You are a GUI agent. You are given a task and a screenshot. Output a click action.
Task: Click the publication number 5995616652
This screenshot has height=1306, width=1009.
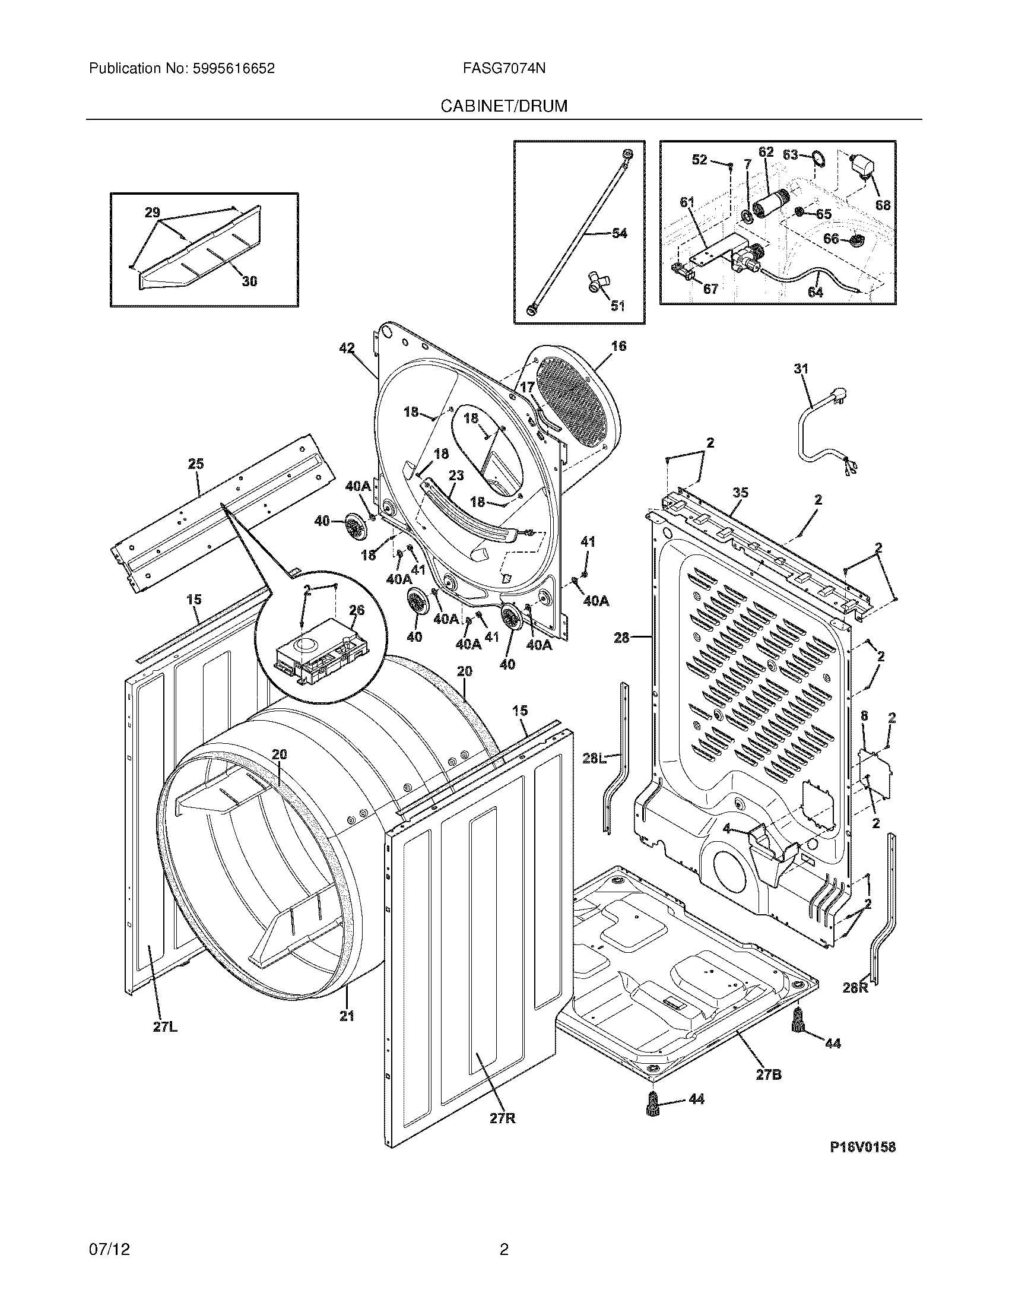point(233,69)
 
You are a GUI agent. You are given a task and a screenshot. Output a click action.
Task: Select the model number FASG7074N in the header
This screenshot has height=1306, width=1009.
point(504,69)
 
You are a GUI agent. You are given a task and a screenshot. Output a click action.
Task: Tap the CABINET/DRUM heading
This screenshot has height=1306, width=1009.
point(504,106)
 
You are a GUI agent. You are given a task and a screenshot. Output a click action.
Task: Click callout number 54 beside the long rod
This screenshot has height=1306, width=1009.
point(619,233)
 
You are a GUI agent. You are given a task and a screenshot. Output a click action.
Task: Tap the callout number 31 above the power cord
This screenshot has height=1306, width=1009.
point(801,370)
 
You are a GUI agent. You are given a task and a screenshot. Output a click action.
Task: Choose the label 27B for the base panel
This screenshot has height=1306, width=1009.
point(769,1074)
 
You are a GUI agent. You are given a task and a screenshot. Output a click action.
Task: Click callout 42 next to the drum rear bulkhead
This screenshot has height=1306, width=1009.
point(347,348)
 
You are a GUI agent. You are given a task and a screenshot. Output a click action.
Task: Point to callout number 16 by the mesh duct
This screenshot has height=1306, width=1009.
point(618,346)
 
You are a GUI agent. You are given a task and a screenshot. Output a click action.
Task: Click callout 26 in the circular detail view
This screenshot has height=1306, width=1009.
point(356,610)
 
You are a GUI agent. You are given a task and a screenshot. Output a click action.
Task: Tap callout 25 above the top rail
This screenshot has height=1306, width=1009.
point(196,464)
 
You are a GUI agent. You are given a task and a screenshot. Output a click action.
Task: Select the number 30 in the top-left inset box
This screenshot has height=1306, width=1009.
point(249,281)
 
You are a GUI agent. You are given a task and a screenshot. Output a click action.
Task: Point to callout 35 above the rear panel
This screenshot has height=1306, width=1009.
point(740,493)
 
